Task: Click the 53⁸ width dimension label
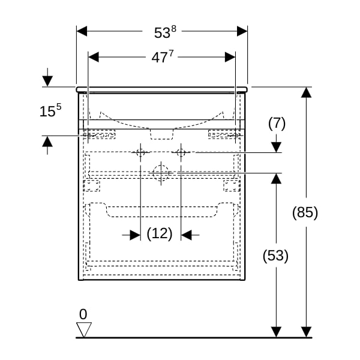click(x=165, y=32)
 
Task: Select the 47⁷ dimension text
click(x=163, y=57)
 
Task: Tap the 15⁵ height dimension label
click(x=50, y=110)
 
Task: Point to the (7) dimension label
click(x=277, y=123)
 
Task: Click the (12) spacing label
click(x=160, y=233)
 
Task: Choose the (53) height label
click(x=275, y=256)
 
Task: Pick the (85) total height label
click(x=305, y=212)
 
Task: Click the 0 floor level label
click(x=83, y=314)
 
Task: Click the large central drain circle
click(x=161, y=173)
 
